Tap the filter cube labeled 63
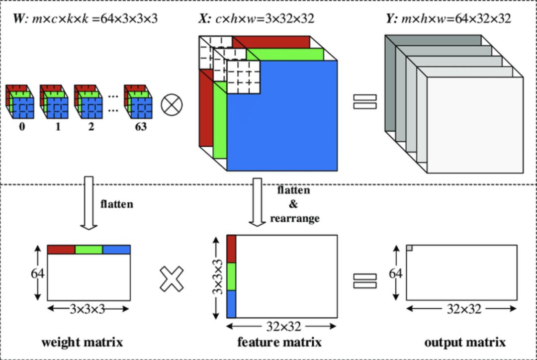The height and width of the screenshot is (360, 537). [x=138, y=102]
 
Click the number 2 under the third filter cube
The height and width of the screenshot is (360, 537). [x=91, y=127]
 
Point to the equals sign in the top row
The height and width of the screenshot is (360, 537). [x=364, y=101]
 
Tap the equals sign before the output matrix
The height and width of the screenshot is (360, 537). [x=364, y=280]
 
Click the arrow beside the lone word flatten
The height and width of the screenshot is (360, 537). [x=89, y=203]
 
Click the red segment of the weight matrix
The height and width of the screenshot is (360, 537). [x=61, y=250]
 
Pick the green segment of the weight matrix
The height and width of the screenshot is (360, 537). [x=89, y=250]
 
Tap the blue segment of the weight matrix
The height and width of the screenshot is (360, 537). [x=116, y=250]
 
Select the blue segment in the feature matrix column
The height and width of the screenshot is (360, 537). [x=231, y=304]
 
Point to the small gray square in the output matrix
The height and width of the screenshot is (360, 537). [x=409, y=248]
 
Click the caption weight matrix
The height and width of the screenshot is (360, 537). [x=82, y=342]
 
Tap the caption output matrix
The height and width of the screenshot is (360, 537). [x=465, y=342]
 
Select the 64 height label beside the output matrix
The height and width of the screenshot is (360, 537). [x=395, y=273]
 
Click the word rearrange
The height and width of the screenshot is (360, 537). [x=295, y=218]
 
